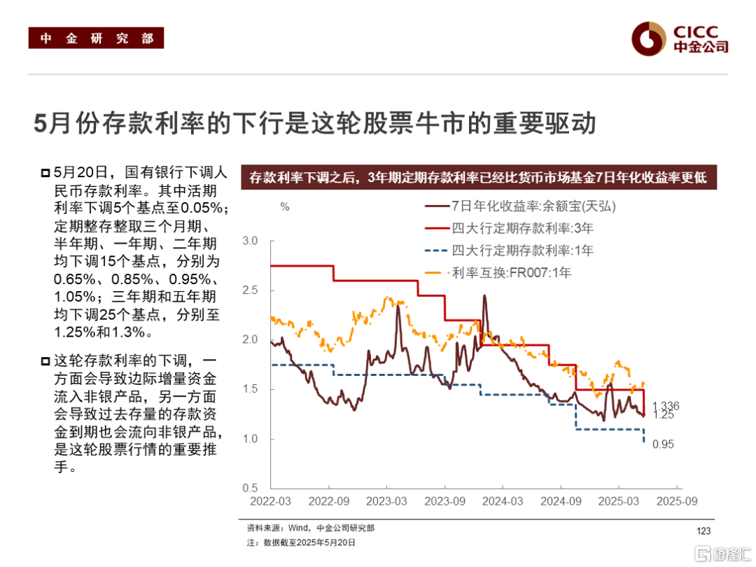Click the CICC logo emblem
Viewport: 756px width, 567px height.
[x=647, y=38]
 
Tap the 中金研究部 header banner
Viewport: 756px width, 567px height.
[x=96, y=38]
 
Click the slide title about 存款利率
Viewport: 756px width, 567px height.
[x=315, y=124]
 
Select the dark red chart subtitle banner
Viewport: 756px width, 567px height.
[x=478, y=178]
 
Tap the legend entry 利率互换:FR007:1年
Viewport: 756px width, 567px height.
[x=512, y=272]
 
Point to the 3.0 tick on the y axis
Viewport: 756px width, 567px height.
[x=249, y=241]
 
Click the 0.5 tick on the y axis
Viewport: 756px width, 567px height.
[x=249, y=488]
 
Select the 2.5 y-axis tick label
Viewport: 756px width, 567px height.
[x=249, y=290]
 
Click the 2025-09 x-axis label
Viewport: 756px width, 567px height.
[x=676, y=501]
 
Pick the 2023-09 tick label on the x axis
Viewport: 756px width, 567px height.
[x=445, y=501]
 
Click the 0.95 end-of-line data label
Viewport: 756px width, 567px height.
[x=663, y=444]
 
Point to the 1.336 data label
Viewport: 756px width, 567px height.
[x=666, y=406]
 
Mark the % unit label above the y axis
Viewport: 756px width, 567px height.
[x=284, y=207]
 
